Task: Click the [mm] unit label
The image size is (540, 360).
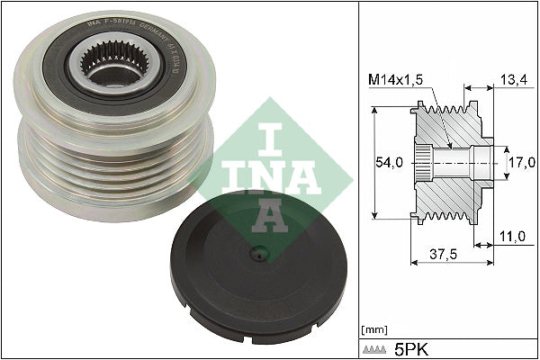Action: point(373,330)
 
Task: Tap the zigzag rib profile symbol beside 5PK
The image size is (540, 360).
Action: point(376,346)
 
